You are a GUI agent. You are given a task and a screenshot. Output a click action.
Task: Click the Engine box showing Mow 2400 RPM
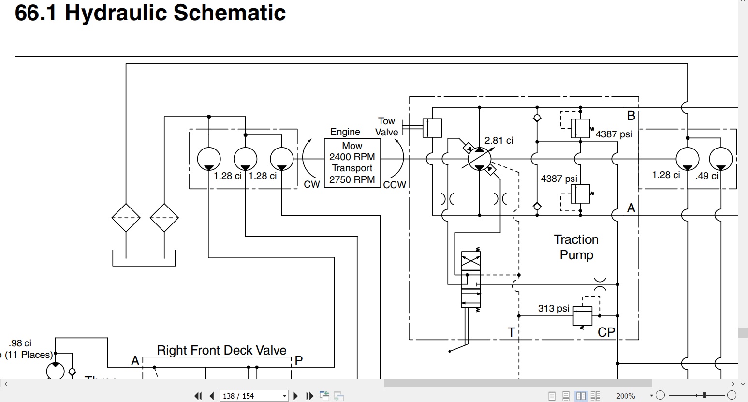(352, 163)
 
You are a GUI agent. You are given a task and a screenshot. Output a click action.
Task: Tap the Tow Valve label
(387, 127)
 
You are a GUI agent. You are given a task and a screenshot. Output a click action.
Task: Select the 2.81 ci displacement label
(499, 140)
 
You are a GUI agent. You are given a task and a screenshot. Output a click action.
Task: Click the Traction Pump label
(576, 247)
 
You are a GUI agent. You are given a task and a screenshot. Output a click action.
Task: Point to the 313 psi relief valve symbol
(582, 316)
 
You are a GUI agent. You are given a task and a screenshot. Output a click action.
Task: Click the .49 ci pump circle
(721, 159)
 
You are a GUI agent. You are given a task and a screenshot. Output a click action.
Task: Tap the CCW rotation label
(395, 185)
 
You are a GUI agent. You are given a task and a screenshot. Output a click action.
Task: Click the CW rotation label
(311, 184)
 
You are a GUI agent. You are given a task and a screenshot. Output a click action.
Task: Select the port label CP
(606, 332)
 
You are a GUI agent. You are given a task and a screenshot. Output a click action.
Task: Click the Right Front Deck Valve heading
(222, 350)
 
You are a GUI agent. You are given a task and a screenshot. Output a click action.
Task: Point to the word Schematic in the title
(230, 13)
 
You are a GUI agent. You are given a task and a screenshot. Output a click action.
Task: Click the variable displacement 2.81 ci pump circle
(480, 159)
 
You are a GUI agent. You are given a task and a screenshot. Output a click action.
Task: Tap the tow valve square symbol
(432, 128)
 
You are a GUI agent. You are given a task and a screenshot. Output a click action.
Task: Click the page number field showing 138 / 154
(254, 396)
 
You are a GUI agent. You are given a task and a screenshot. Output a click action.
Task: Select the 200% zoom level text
(626, 396)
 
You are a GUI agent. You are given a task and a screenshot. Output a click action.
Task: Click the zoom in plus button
(732, 395)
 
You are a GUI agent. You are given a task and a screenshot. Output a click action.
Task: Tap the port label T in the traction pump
(511, 332)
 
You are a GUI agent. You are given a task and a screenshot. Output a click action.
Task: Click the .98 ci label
(20, 343)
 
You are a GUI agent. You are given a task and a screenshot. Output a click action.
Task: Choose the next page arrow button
(295, 396)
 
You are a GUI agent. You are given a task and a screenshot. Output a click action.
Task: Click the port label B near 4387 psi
(631, 116)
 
